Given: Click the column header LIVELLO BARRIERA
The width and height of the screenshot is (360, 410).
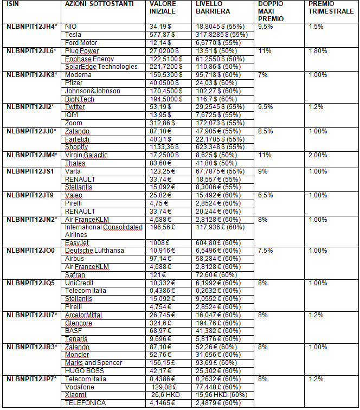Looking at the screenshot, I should (x=213, y=8).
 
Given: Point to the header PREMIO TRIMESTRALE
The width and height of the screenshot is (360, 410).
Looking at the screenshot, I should (x=331, y=8).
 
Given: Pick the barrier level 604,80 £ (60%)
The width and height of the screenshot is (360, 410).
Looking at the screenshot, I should (x=217, y=242).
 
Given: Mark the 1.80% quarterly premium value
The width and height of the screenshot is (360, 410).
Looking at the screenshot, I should (x=318, y=51).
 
